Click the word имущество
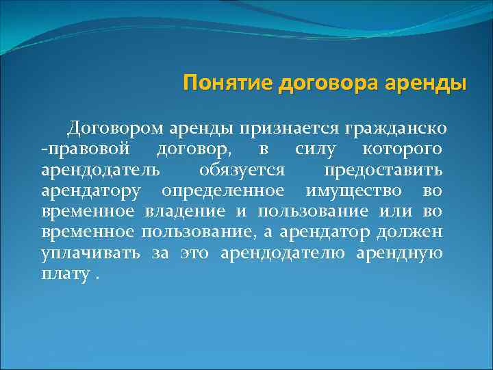(349, 189)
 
